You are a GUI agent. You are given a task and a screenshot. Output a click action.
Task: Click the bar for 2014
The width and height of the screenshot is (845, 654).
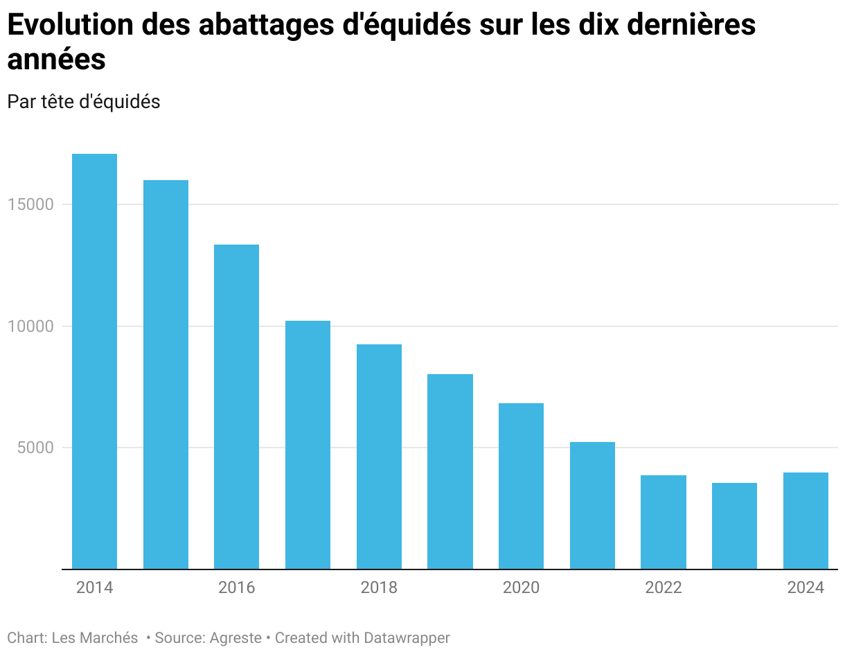coord(94,361)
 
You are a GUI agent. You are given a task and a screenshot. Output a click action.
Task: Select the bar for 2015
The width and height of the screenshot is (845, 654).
coord(166,374)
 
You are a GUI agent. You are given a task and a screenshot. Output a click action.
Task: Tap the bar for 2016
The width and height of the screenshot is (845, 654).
coord(236,407)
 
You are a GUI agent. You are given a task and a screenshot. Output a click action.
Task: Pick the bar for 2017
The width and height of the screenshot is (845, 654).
coord(308,445)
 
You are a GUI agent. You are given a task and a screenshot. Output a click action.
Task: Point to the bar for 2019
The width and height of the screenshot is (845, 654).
coord(450,471)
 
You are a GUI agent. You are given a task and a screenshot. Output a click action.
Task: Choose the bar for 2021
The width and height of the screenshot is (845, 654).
coord(592,505)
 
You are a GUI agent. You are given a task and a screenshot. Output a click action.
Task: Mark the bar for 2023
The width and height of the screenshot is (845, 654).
coord(734,526)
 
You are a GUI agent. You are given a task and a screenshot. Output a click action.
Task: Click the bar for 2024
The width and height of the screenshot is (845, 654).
coord(806,520)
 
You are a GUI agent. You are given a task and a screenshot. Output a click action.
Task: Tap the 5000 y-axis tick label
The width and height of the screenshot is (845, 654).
coord(37,448)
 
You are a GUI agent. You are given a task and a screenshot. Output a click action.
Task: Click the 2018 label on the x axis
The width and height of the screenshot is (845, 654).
coord(379,588)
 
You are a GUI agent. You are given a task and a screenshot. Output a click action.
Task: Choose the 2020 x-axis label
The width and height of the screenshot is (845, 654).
coord(521,588)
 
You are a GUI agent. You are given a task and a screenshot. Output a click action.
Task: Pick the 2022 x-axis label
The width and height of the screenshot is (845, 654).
coord(664,588)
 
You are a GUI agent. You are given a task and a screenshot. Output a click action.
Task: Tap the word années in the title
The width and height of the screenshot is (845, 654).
coord(56,60)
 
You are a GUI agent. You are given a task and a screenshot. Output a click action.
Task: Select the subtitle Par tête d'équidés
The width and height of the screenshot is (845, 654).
coord(84,101)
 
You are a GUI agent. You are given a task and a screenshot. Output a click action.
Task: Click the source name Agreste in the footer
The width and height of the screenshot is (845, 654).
coord(236,637)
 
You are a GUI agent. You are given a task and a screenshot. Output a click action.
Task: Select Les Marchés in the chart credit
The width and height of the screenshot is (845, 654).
coord(95,637)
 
